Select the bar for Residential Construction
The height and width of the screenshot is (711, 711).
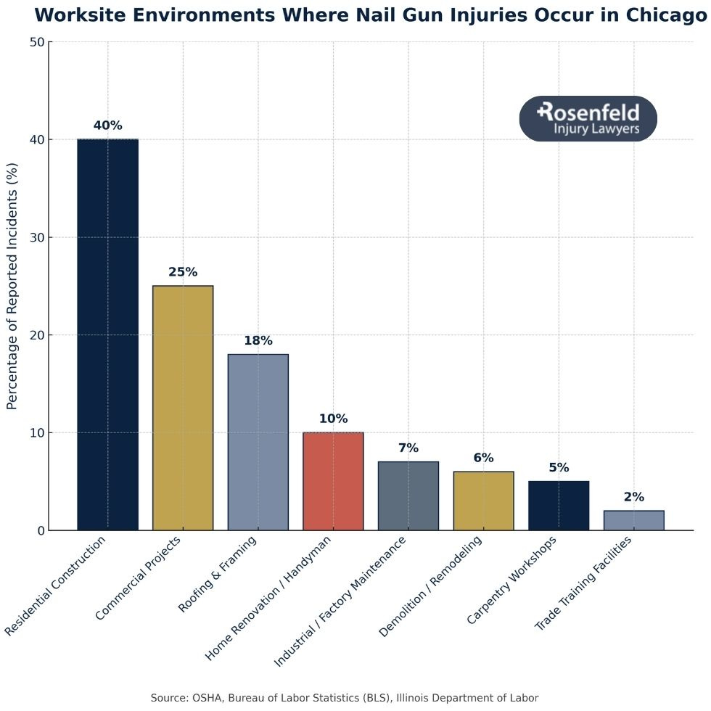tap(107, 334)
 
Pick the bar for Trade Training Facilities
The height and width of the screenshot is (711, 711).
tap(633, 520)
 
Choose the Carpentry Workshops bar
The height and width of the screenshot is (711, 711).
tap(559, 506)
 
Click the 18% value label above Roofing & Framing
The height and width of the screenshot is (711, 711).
tap(258, 340)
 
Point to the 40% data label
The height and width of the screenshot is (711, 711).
tap(107, 126)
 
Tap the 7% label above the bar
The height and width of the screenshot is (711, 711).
tap(408, 448)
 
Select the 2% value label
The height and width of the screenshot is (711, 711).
tap(633, 497)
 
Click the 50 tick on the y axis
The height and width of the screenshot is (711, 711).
tap(35, 42)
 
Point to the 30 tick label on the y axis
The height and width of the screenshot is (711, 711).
tap(35, 237)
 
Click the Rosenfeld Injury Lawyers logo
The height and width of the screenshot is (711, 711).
tap(588, 118)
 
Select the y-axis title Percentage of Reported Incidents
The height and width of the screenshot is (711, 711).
tap(12, 287)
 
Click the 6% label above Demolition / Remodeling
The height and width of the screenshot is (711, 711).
tap(483, 458)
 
